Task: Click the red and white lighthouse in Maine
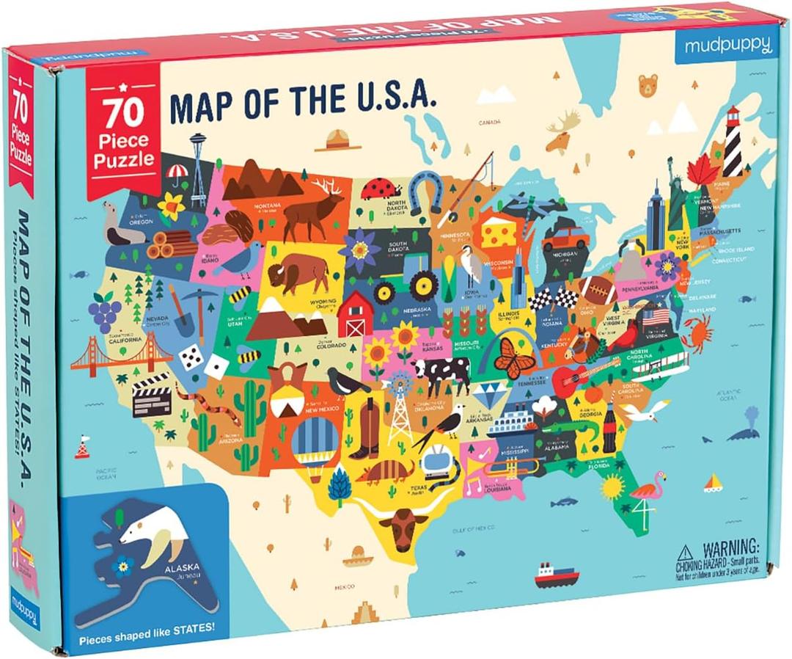733,142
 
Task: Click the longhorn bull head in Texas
403,527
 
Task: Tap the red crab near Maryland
696,332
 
